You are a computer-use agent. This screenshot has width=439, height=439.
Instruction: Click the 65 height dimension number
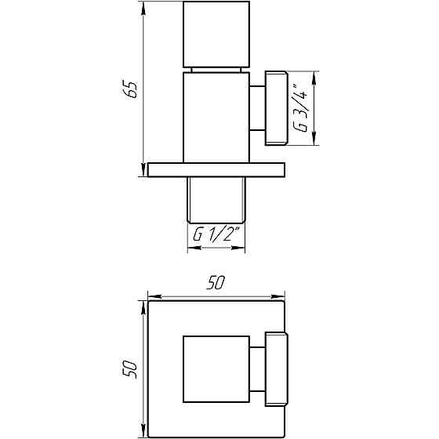[x=132, y=89]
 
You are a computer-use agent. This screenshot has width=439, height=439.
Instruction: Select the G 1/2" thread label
[x=215, y=233]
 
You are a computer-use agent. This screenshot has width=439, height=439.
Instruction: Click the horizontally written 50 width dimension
[x=216, y=284]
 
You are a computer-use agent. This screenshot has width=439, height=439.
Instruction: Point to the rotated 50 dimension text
[x=132, y=368]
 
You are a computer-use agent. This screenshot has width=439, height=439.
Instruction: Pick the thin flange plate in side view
[x=215, y=169]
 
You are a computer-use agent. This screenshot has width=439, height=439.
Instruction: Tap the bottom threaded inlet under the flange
[x=216, y=199]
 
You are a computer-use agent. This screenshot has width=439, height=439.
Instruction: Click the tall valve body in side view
[x=216, y=118]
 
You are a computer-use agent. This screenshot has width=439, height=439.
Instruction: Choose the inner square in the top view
[x=216, y=368]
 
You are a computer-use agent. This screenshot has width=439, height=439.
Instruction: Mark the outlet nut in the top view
[x=277, y=368]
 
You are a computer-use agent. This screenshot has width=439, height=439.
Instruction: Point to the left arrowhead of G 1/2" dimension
[x=191, y=248]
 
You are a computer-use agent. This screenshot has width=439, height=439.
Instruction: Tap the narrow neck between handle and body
[x=215, y=70]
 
